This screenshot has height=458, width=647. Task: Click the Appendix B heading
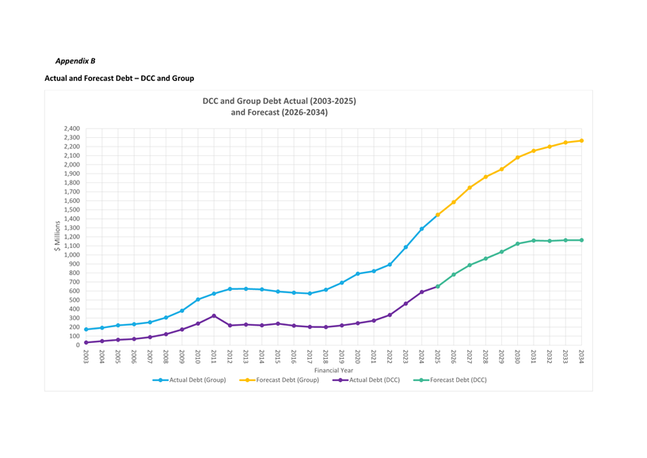coord(75,60)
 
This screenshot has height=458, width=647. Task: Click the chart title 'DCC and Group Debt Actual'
coord(279,101)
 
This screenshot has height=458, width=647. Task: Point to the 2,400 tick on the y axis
coord(70,128)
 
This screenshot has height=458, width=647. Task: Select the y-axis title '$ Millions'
coord(57,236)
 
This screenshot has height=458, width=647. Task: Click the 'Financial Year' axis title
coord(333,370)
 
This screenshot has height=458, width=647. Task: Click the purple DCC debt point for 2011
coord(214,315)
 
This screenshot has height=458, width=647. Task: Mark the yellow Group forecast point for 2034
coord(581,140)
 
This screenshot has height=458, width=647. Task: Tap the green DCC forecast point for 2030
coord(517,243)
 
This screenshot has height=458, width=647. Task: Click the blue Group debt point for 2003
coord(86,330)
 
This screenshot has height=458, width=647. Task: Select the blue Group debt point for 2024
coord(421,229)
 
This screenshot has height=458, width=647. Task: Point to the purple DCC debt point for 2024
coord(421,292)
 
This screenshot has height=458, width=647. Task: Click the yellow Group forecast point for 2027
coord(470,188)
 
